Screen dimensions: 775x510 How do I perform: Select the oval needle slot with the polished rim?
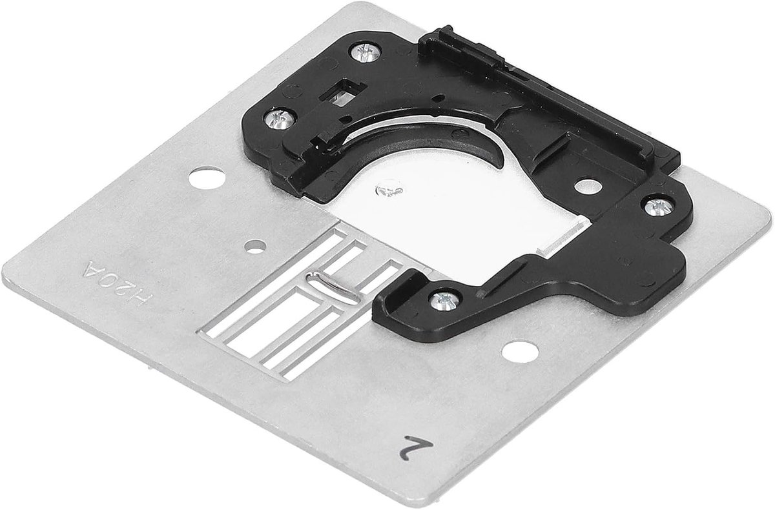(332, 287)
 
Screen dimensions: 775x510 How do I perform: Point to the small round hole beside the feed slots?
(255, 247)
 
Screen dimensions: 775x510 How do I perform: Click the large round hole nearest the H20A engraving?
(207, 178)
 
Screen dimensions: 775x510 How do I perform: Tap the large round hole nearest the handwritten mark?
(520, 351)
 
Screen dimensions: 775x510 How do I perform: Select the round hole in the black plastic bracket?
(588, 186)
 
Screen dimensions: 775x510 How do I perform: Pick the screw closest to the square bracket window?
(366, 52)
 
